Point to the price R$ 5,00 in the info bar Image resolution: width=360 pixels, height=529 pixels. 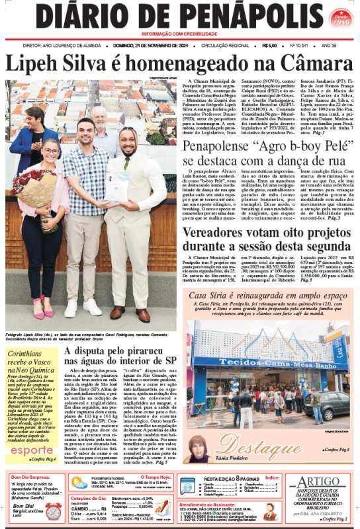(269, 46)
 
